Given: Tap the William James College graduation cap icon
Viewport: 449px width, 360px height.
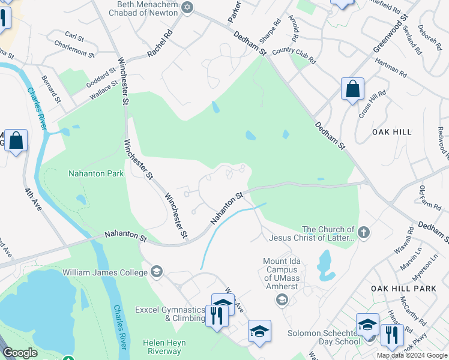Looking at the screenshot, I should pyautogui.click(x=157, y=272).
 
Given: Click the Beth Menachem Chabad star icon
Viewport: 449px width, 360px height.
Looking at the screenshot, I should pyautogui.click(x=188, y=7).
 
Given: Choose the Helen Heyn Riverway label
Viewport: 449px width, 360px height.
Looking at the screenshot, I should pyautogui.click(x=164, y=347).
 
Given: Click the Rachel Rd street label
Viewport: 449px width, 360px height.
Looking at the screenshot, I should pyautogui.click(x=160, y=43).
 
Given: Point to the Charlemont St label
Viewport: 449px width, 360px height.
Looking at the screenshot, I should pyautogui.click(x=74, y=49).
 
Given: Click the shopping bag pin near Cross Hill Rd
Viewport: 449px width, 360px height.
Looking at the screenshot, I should pyautogui.click(x=352, y=89).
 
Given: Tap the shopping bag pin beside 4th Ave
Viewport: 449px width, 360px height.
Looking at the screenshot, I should pyautogui.click(x=16, y=142).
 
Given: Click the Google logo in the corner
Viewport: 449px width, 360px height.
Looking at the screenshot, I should pyautogui.click(x=20, y=352).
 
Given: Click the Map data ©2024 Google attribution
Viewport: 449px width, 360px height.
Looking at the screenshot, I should pyautogui.click(x=412, y=355).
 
